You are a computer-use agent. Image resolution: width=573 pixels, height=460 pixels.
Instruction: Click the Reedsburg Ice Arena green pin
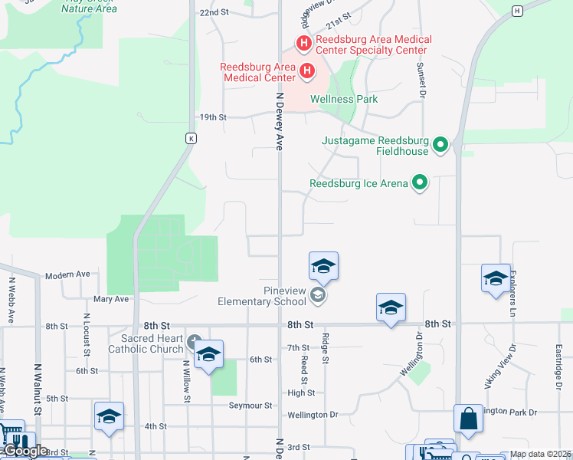click(419, 182)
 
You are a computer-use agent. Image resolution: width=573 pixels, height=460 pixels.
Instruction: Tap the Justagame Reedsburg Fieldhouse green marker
click(440, 144)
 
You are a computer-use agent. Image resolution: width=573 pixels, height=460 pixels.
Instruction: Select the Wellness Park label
click(343, 99)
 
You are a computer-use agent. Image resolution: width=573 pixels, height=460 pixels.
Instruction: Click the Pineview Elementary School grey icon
click(316, 295)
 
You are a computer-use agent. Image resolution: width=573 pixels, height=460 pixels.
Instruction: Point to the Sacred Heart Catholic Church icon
click(194, 340)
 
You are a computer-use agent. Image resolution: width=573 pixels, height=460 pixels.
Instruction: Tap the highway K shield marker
click(192, 139)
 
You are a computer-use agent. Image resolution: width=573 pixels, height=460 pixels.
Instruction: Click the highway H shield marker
click(518, 11)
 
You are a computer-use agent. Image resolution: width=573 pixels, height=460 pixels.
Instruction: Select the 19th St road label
click(213, 117)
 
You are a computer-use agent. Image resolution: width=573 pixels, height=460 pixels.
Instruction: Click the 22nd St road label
click(214, 13)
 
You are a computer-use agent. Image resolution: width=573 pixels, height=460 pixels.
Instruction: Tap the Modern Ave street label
click(67, 274)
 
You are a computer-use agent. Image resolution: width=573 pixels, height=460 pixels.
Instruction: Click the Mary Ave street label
click(111, 299)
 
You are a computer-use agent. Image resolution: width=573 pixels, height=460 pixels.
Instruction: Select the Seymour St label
click(251, 405)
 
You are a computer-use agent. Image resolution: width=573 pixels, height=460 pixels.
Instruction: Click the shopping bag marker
click(468, 419)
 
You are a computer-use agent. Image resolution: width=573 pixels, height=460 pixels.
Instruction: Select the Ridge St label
click(325, 349)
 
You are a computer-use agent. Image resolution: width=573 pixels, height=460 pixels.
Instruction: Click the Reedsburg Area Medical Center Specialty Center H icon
click(303, 44)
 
